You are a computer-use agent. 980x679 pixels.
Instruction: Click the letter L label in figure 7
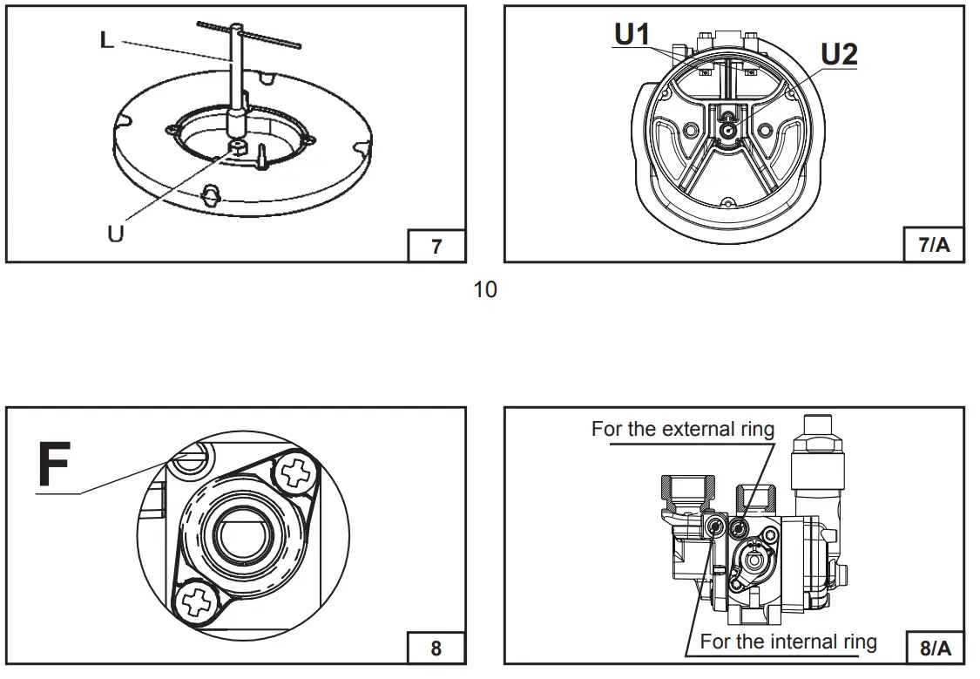pos(106,40)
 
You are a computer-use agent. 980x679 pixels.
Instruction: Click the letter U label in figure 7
pos(115,234)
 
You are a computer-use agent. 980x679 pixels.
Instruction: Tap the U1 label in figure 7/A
pos(632,34)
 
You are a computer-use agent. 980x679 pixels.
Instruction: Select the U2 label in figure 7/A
pos(839,54)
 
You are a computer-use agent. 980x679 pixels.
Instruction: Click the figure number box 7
pos(436,246)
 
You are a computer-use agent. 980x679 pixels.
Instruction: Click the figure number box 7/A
pos(935,246)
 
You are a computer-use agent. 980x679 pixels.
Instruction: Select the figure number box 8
pos(436,648)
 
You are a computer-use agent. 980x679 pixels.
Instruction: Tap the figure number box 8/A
pos(935,648)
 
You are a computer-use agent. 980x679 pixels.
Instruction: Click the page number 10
pos(485,290)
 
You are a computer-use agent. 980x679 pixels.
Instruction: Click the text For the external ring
pos(682,429)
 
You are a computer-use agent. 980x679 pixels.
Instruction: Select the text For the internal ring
pos(788,642)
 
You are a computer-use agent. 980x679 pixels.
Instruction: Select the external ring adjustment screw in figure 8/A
pos(740,526)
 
